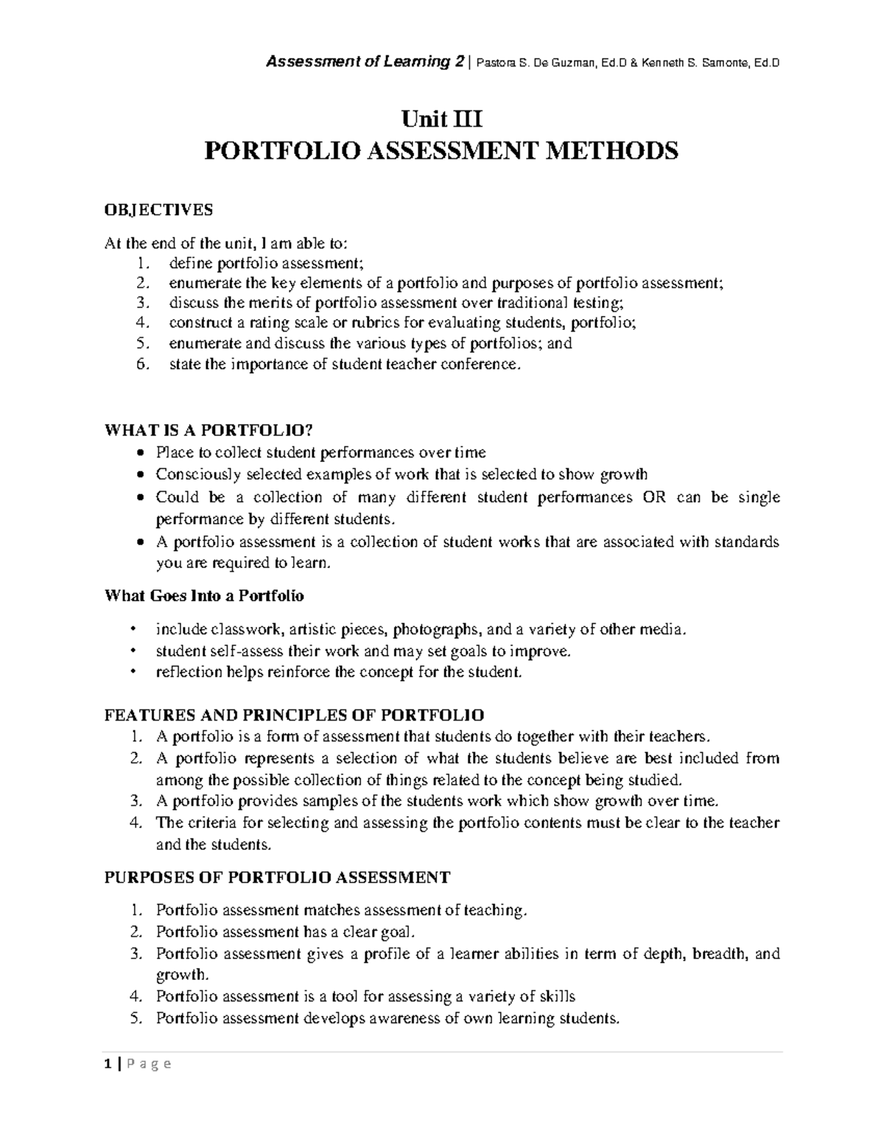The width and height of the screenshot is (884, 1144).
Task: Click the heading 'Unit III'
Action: pyautogui.click(x=441, y=118)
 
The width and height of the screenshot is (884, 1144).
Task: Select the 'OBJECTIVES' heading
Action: pyautogui.click(x=158, y=210)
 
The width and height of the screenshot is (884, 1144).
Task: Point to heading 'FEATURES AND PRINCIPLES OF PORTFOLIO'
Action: pyautogui.click(x=295, y=715)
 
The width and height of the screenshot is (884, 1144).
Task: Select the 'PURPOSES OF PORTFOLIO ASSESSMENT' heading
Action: pyautogui.click(x=277, y=877)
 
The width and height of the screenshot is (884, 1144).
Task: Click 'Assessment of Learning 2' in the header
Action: pyautogui.click(x=359, y=63)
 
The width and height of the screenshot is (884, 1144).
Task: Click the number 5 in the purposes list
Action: pyautogui.click(x=135, y=1019)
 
